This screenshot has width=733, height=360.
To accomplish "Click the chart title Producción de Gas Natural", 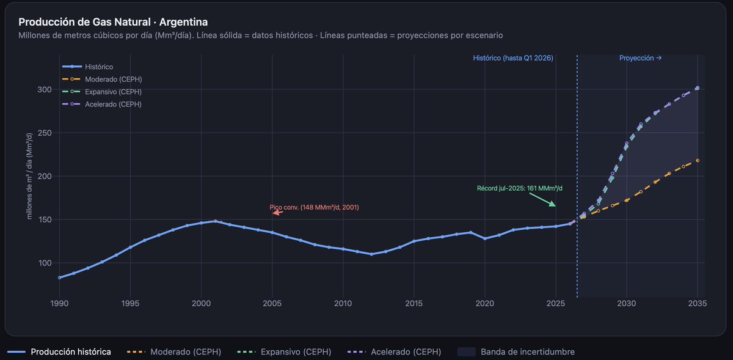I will (x=113, y=22).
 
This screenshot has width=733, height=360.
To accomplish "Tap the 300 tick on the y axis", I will (x=45, y=90).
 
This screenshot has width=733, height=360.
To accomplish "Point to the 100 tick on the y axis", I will (x=45, y=263).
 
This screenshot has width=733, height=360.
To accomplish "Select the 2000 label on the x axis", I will (x=201, y=303).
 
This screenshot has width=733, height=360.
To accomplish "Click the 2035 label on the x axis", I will (x=698, y=303).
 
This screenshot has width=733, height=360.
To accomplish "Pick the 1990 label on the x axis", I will (x=59, y=303).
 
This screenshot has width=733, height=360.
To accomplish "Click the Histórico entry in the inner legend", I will (x=99, y=67).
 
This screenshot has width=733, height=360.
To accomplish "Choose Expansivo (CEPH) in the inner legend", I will (x=113, y=92).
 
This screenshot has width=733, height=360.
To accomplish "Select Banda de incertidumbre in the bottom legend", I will (x=527, y=351).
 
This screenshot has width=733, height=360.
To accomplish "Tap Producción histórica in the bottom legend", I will (x=71, y=351).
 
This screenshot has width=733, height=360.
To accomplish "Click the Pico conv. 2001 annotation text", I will (x=314, y=207).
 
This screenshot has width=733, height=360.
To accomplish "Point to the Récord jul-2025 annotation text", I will (x=519, y=188).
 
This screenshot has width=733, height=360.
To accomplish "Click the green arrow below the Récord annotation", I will (x=547, y=201).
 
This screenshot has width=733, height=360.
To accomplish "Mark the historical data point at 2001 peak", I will (x=215, y=221).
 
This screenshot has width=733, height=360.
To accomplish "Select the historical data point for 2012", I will (x=371, y=254).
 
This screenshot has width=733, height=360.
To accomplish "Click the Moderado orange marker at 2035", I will (x=698, y=161).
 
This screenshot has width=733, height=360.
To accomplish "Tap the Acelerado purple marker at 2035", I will (x=698, y=88).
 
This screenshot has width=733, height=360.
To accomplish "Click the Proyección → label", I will (x=640, y=58).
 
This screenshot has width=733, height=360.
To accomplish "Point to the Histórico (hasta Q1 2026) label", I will (x=513, y=58).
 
